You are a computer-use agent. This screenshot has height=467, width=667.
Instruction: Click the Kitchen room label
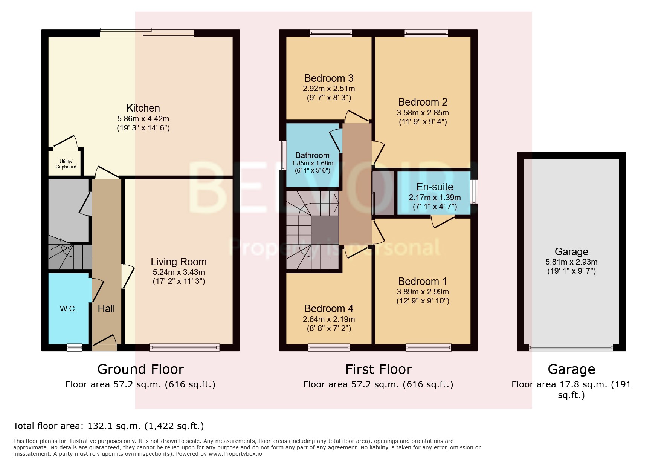(x=143, y=108)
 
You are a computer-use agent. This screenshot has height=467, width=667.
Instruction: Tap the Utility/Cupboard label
(x=66, y=164)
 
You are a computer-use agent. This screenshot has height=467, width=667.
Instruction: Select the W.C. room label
(x=68, y=309)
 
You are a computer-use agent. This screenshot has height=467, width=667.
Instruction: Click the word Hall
(x=106, y=309)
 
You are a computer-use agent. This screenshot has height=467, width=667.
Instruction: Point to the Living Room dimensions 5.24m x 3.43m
(x=179, y=272)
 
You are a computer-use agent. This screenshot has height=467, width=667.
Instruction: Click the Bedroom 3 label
(x=328, y=78)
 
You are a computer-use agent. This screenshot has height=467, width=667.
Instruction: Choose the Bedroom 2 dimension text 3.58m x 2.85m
(x=423, y=113)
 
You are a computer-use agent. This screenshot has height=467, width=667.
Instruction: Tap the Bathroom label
(x=312, y=155)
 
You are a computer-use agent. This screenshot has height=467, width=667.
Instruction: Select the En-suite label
(x=435, y=187)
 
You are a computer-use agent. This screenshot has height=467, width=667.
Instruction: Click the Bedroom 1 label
(x=423, y=282)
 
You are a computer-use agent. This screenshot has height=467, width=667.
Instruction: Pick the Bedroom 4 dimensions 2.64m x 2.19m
(x=328, y=319)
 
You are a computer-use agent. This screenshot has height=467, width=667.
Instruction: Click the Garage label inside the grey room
(x=571, y=252)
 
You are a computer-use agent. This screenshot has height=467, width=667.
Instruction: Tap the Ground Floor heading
(x=140, y=369)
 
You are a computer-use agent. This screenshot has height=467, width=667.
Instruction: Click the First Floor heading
(x=378, y=369)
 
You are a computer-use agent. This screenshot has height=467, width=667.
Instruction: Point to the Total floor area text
(x=108, y=426)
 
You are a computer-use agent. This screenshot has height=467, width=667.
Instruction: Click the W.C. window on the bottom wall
(x=75, y=348)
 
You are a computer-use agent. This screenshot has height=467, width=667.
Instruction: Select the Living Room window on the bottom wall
(x=184, y=348)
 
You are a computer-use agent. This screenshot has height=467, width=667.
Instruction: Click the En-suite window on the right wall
(x=475, y=191)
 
